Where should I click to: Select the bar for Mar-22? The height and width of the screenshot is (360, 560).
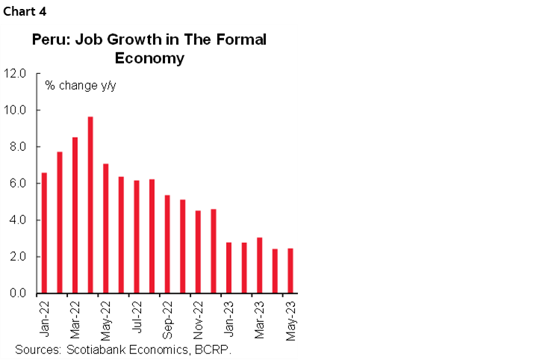(75, 215)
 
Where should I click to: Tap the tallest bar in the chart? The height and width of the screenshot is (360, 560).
(90, 205)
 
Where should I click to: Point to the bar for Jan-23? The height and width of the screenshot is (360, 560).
(228, 267)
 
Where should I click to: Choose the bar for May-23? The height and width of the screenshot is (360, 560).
(290, 270)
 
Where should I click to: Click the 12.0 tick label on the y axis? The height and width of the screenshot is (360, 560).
(15, 73)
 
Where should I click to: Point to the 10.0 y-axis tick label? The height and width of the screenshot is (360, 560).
(15, 110)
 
